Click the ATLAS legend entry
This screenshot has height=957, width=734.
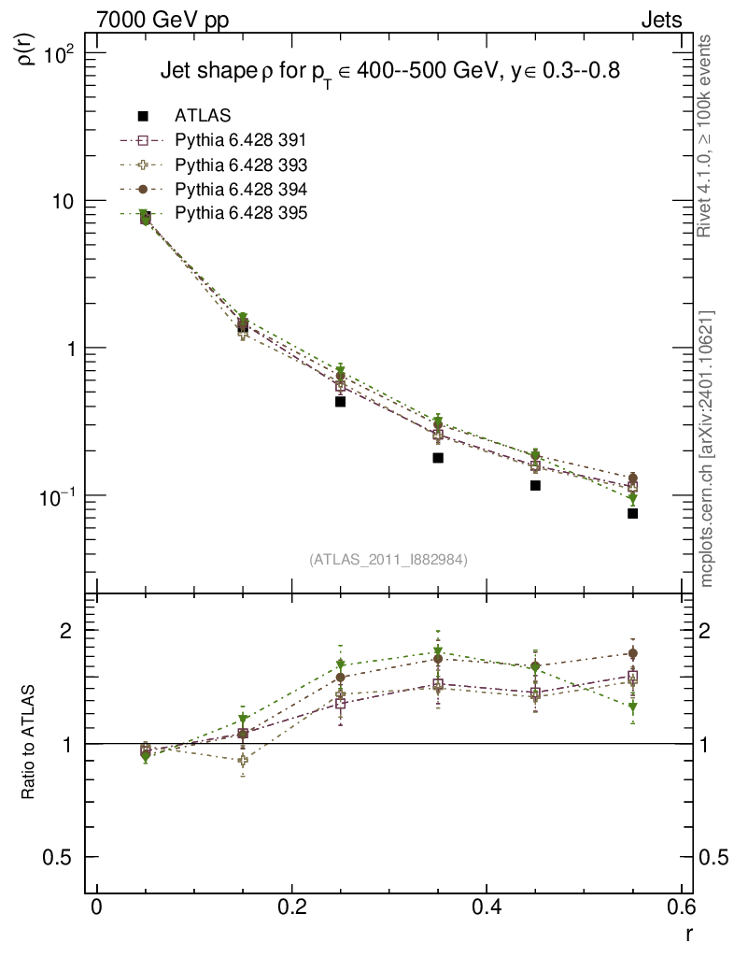(203, 116)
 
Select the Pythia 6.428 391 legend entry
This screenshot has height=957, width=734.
(240, 140)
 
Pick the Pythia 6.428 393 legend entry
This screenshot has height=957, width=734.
(240, 164)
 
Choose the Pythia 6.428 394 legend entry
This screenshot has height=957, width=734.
(240, 189)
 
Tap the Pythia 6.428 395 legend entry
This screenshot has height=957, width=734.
(240, 213)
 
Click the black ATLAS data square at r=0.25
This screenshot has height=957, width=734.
(341, 402)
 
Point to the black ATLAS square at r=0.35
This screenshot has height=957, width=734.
(438, 458)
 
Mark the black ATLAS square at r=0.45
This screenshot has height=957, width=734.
(535, 486)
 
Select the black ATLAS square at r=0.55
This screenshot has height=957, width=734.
(632, 513)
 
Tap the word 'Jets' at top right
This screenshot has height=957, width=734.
(660, 20)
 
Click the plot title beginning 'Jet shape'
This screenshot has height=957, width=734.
(390, 71)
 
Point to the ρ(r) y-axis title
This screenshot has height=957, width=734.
(28, 47)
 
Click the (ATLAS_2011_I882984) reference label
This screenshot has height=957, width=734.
(388, 559)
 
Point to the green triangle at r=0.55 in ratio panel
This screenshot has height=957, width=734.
(632, 707)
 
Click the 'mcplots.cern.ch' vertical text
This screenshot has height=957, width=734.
(707, 449)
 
